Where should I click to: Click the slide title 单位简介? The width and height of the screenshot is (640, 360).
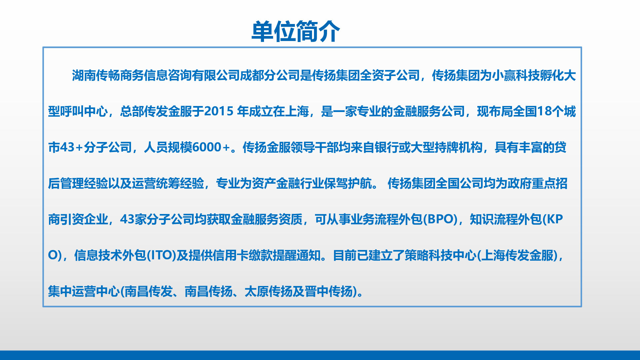[296, 31]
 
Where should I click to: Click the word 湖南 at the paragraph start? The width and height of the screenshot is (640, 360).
[84, 76]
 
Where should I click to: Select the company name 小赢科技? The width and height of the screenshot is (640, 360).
[516, 76]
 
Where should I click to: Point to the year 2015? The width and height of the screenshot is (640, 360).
[219, 111]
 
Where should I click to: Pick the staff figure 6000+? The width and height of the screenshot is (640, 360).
[211, 147]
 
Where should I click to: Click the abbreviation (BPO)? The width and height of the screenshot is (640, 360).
[440, 219]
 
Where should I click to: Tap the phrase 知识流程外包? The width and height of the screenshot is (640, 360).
[506, 219]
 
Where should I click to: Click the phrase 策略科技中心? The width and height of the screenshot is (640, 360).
[441, 255]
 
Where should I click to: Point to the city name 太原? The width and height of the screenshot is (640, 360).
[257, 291]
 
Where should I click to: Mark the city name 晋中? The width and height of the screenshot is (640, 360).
[317, 291]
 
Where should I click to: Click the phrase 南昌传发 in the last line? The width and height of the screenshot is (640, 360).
[149, 291]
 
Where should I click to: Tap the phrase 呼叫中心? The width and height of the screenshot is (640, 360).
[84, 111]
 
